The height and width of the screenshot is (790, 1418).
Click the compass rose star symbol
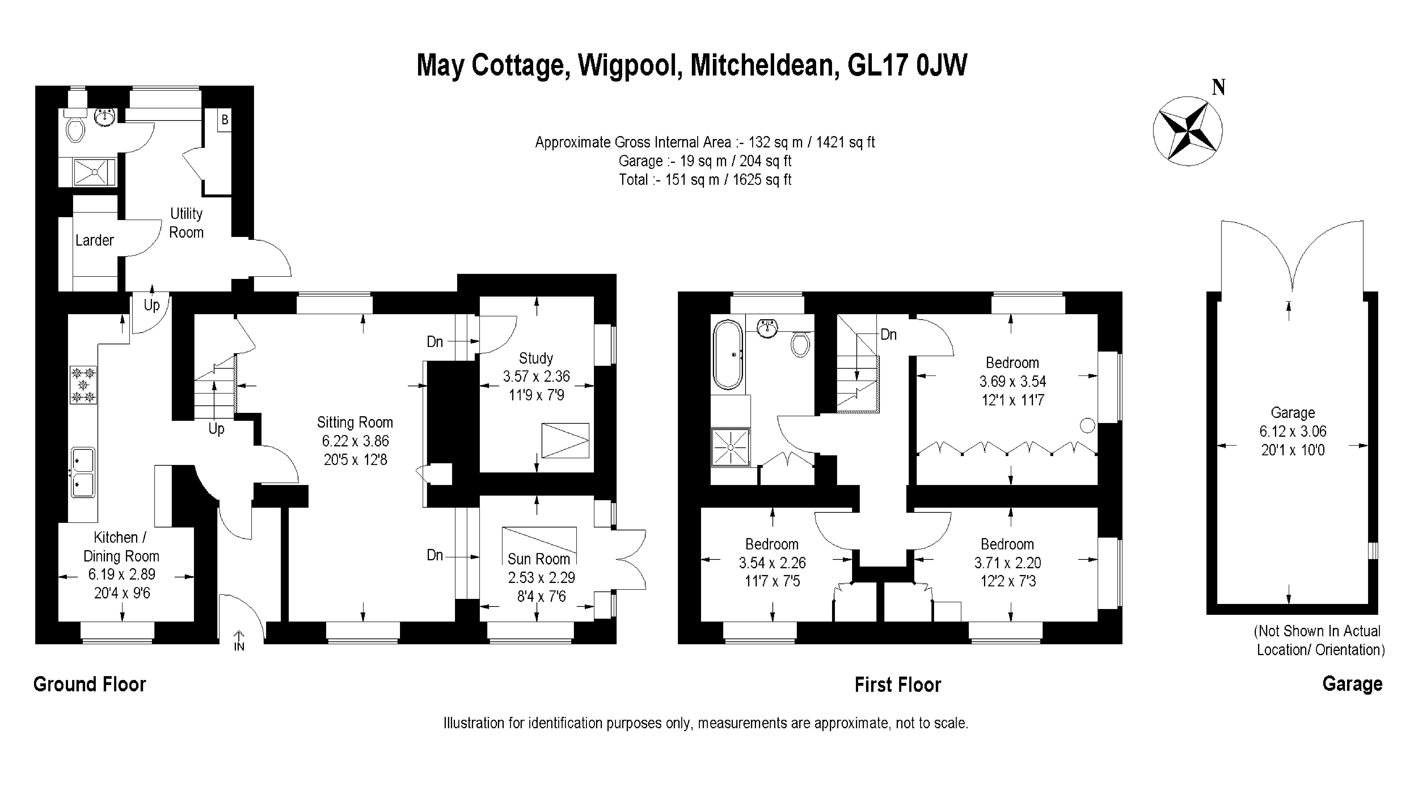(1187, 131)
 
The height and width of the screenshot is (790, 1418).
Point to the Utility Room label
(186, 223)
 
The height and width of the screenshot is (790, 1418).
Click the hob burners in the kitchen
(83, 385)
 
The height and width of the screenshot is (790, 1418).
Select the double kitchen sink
(83, 472)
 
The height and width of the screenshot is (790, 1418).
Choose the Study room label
(536, 358)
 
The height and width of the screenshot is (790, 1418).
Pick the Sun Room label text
(538, 559)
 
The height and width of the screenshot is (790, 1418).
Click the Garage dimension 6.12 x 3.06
(1293, 432)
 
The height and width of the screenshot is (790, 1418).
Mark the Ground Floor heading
(90, 684)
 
